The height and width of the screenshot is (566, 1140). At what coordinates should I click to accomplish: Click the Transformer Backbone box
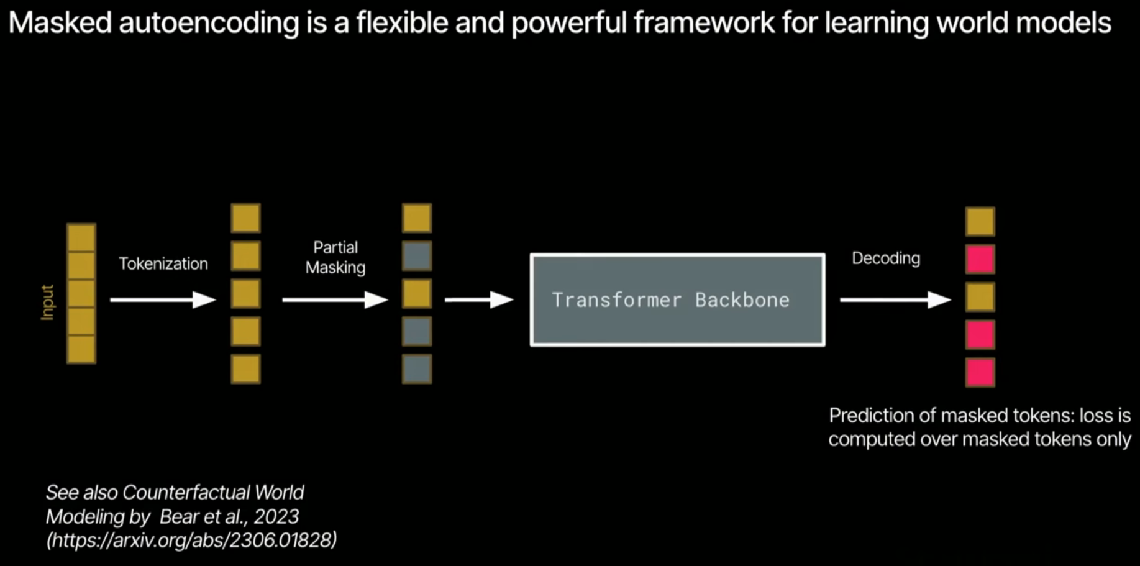(x=677, y=299)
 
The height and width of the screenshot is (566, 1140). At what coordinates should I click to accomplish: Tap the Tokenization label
(x=163, y=264)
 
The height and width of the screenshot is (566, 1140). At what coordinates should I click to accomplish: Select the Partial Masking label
(x=335, y=257)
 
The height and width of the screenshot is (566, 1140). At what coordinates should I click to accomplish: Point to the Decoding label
(x=885, y=258)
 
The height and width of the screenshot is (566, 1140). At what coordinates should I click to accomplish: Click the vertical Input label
(x=47, y=303)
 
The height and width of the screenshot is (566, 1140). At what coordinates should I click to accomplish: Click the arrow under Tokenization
(x=163, y=300)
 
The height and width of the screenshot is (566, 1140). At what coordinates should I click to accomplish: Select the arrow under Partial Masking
(x=335, y=300)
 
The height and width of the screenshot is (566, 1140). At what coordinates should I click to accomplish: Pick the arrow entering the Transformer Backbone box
(x=478, y=300)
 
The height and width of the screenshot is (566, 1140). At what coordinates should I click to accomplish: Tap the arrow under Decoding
(x=895, y=300)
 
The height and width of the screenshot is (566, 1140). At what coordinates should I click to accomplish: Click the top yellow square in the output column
(x=980, y=222)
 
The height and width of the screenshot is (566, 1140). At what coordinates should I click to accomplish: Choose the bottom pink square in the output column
(x=980, y=372)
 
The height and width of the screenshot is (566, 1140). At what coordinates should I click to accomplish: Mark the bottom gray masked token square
(x=417, y=369)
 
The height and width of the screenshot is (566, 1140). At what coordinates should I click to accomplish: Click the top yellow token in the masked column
(x=417, y=218)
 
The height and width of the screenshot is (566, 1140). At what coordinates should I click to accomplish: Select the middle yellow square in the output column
(x=980, y=297)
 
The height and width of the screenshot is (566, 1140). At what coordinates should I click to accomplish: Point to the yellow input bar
(x=81, y=293)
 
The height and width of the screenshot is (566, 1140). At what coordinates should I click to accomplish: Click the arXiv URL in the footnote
(x=192, y=540)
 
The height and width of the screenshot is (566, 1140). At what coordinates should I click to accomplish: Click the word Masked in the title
(x=60, y=23)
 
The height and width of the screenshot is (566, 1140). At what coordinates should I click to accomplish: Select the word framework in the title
(x=705, y=23)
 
